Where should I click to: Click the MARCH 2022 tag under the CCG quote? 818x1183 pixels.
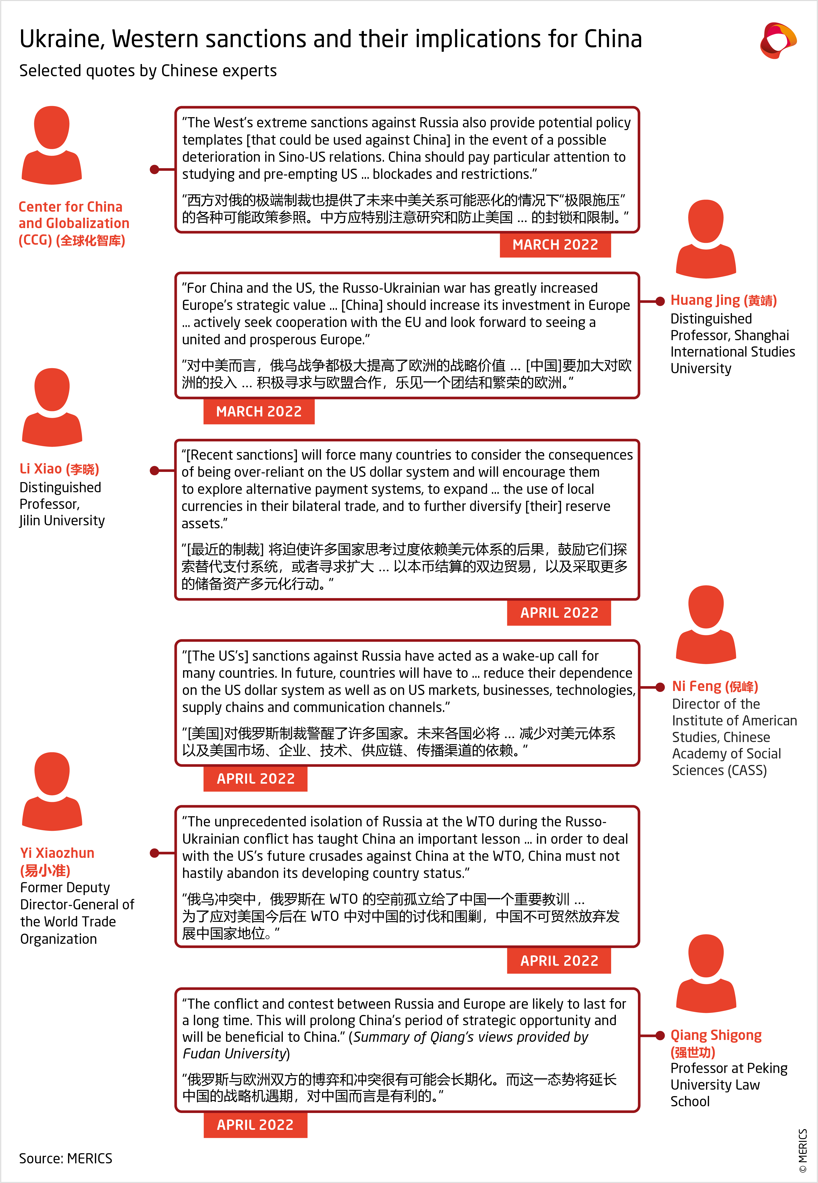coord(555,245)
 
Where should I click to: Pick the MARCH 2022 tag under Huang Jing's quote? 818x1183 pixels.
coord(259,411)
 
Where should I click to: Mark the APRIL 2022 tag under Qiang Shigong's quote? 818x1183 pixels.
coord(255,1125)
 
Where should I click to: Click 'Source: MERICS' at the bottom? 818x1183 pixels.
coord(66,1158)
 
